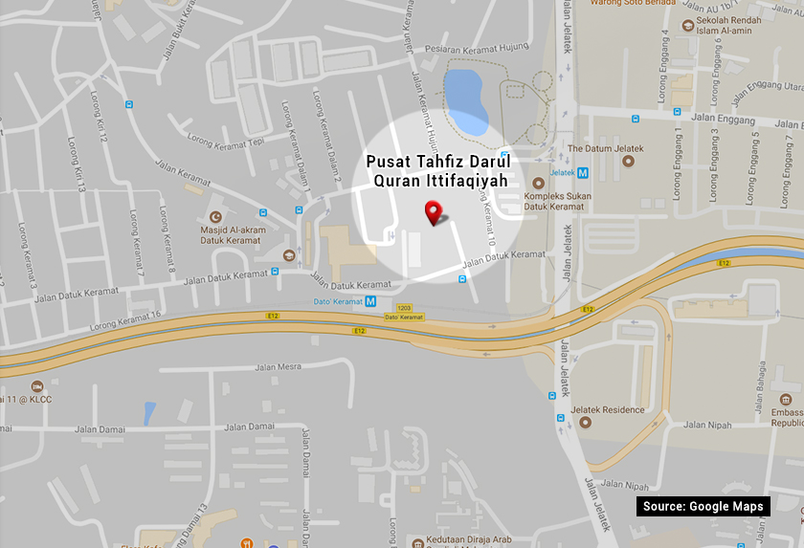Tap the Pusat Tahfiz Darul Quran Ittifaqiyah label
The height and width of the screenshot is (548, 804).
click(x=436, y=170)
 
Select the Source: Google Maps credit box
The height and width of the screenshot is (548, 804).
click(x=703, y=506)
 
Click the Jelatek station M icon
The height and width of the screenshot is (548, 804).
click(x=583, y=172)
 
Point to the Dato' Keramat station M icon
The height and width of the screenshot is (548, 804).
click(x=370, y=301)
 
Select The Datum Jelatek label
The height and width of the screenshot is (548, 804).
click(x=605, y=148)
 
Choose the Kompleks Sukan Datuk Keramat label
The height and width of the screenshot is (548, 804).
click(x=554, y=200)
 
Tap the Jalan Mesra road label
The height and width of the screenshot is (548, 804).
click(x=278, y=366)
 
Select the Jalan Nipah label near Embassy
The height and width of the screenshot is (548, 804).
click(x=707, y=425)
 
